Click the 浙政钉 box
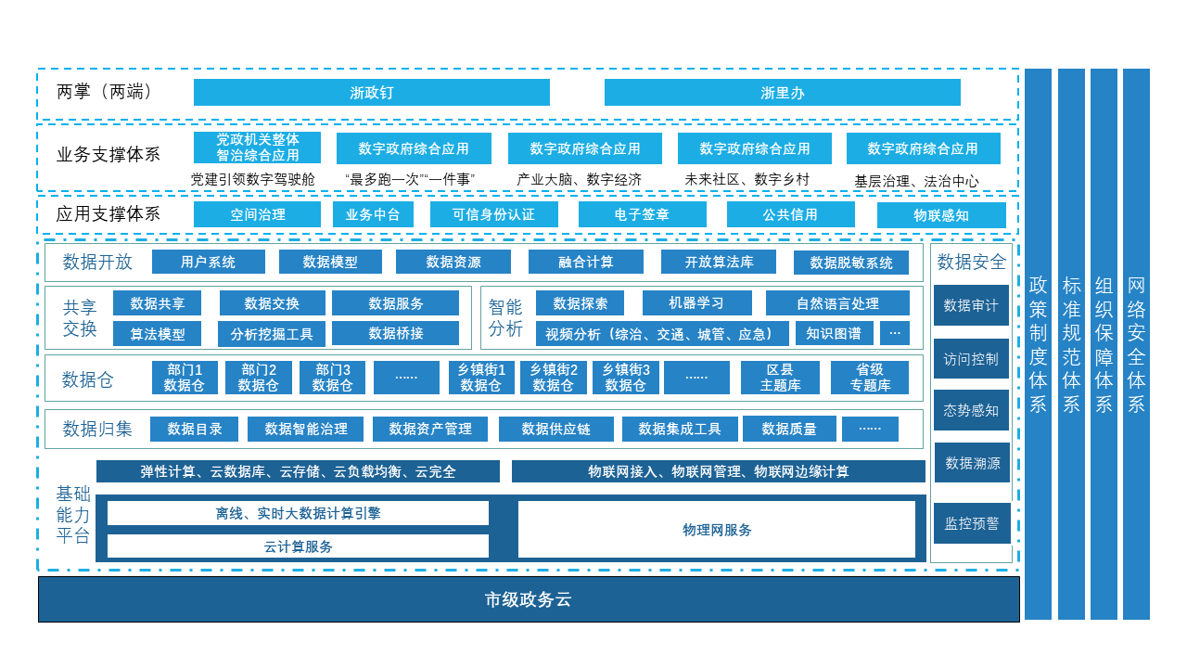(371, 93)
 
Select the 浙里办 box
(782, 93)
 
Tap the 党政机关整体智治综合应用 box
(257, 148)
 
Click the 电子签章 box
(642, 215)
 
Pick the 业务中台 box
(373, 215)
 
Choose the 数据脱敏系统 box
(851, 263)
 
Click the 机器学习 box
(696, 303)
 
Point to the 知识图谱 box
(834, 333)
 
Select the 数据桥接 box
(395, 333)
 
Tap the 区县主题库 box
(780, 378)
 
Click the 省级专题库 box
(870, 378)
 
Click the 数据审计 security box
(971, 305)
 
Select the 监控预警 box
(971, 523)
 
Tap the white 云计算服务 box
(298, 546)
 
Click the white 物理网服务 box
(717, 530)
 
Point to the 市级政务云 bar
(529, 599)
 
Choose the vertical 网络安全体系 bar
(1136, 343)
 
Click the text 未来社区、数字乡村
(747, 180)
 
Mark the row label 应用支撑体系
(108, 214)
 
